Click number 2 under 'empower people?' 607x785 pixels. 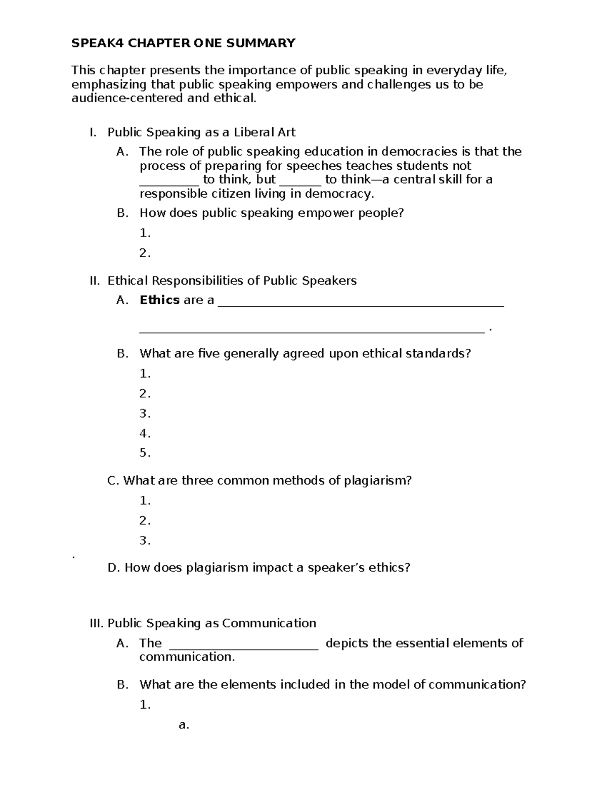[x=145, y=253]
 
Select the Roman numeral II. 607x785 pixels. [x=95, y=281]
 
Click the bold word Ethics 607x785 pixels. [x=159, y=300]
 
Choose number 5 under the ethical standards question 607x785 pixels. [x=145, y=453]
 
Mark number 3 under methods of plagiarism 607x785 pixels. [x=145, y=541]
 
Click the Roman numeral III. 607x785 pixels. [x=96, y=623]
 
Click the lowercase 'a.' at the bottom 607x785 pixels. [x=184, y=725]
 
